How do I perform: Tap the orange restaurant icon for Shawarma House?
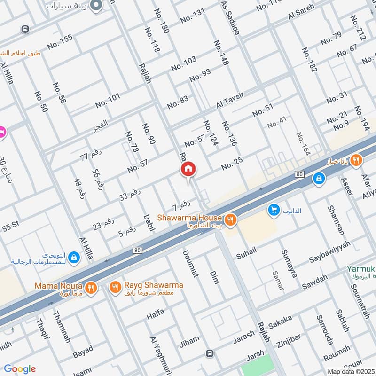(x=230, y=219)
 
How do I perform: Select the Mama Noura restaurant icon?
(x=91, y=287)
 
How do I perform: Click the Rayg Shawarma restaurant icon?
(x=114, y=287)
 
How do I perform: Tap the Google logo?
(x=20, y=368)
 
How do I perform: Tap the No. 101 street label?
(x=108, y=100)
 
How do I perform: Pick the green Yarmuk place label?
(x=360, y=269)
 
